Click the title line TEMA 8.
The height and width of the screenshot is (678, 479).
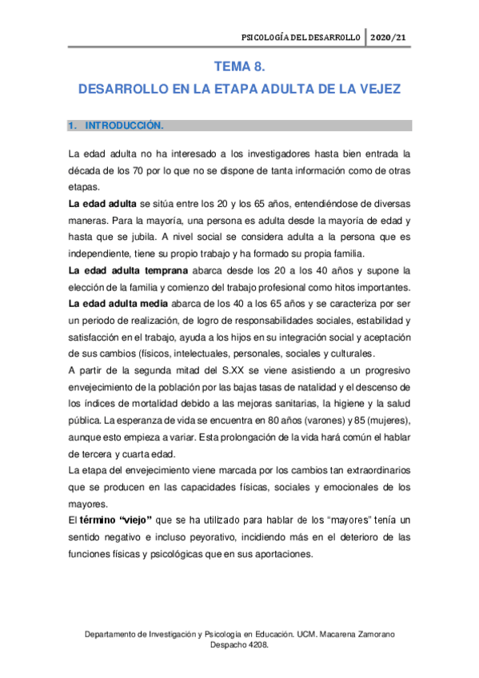pyautogui.click(x=238, y=69)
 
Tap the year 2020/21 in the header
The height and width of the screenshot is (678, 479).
pyautogui.click(x=390, y=37)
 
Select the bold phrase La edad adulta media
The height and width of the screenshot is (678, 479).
pyautogui.click(x=118, y=304)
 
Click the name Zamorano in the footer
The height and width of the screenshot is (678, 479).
pyautogui.click(x=373, y=634)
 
